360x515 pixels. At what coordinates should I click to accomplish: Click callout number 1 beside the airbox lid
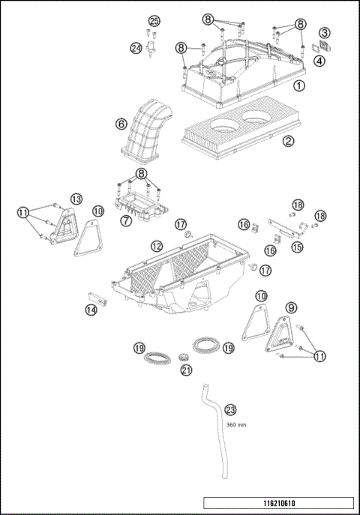click(298, 86)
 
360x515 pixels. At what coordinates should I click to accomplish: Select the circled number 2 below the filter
click(287, 140)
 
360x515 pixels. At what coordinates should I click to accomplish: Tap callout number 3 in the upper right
click(324, 33)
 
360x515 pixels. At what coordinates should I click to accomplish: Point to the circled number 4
click(320, 61)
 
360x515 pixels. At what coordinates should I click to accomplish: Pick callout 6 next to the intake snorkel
click(121, 124)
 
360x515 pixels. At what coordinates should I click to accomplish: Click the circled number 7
click(126, 221)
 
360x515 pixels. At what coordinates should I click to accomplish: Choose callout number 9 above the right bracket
click(291, 307)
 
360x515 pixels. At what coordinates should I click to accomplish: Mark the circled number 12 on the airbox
click(157, 247)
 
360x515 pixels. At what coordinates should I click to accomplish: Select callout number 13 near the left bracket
click(76, 199)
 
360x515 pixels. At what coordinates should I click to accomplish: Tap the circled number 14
click(91, 309)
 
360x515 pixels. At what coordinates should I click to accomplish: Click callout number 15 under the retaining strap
click(297, 247)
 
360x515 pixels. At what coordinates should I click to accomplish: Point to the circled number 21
click(186, 370)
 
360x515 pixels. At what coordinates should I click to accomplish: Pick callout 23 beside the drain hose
click(230, 409)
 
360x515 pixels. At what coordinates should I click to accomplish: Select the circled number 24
click(136, 48)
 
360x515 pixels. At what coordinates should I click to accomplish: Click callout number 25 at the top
click(154, 20)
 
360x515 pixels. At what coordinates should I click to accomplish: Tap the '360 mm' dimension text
click(236, 424)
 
